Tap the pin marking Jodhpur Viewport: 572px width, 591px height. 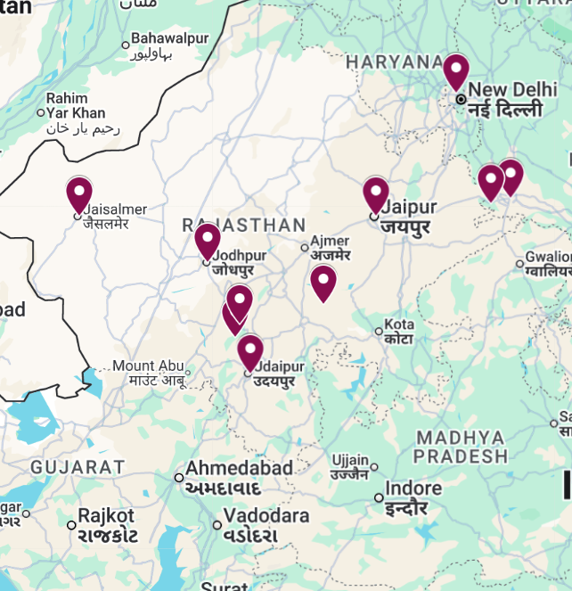(208, 240)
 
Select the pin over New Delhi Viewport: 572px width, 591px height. (456, 70)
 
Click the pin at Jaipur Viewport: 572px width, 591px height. (376, 193)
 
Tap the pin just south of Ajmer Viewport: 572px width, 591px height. (323, 282)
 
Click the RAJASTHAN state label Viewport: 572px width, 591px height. (243, 226)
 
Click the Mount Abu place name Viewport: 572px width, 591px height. (147, 365)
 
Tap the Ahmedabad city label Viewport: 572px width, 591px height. (239, 469)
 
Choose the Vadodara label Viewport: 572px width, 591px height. (266, 516)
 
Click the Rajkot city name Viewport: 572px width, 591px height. (106, 516)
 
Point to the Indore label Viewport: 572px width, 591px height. (414, 488)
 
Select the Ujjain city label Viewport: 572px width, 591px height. (349, 460)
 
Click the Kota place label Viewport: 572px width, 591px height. (399, 324)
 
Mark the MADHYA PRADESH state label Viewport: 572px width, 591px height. (461, 447)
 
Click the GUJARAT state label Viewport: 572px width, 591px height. (78, 467)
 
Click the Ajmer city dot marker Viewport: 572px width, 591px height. (305, 248)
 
